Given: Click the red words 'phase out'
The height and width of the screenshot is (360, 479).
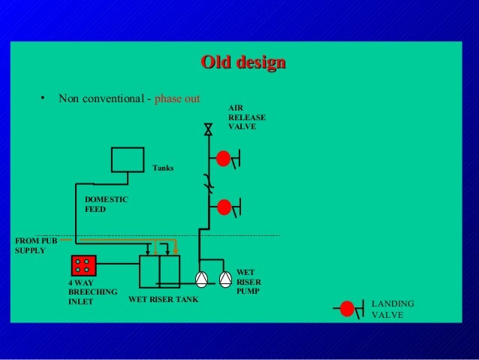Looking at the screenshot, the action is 177,98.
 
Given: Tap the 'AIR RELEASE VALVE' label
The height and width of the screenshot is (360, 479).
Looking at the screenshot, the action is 246,118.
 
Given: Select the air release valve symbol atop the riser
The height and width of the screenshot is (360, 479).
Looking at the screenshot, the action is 208,130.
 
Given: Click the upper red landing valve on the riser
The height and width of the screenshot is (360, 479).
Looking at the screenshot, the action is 224,159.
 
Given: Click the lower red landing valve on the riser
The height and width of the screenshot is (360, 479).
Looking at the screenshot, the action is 224,205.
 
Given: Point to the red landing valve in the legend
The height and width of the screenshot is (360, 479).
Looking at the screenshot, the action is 347,308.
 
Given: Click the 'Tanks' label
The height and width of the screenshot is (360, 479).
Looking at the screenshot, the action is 163,168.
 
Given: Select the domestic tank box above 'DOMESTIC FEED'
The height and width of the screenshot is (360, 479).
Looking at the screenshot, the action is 127,159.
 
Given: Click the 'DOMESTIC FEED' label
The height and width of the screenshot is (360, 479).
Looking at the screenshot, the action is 106,204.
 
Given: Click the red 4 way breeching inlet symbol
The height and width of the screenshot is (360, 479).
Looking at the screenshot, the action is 83,265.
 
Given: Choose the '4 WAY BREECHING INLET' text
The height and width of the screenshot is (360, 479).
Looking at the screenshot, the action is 92,292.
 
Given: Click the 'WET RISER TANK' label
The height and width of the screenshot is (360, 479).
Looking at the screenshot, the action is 163,299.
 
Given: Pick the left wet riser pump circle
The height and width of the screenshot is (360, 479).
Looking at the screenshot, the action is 202,278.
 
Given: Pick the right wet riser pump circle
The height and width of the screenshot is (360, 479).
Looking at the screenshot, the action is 225,278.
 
